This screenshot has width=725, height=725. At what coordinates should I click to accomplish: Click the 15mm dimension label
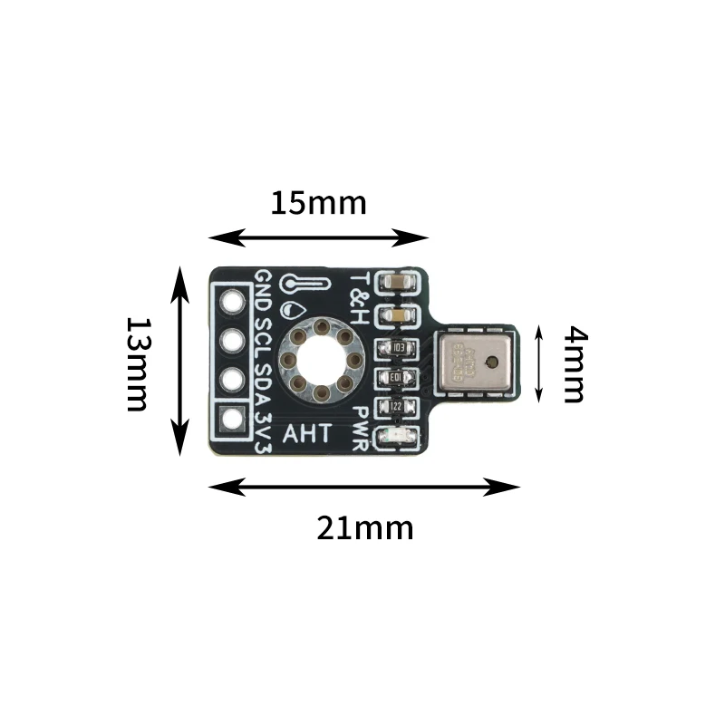tap(318, 203)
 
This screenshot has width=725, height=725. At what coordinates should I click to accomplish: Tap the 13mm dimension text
tap(137, 363)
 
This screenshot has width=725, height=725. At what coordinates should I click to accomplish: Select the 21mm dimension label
tap(364, 527)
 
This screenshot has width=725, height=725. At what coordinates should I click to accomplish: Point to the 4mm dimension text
tap(574, 364)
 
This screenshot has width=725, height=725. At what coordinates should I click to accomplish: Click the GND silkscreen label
tap(263, 291)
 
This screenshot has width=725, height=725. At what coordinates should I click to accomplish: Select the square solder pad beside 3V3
tap(233, 420)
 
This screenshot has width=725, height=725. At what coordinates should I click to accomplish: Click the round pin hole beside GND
tap(233, 300)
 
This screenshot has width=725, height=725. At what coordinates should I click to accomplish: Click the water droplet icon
tap(290, 308)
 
